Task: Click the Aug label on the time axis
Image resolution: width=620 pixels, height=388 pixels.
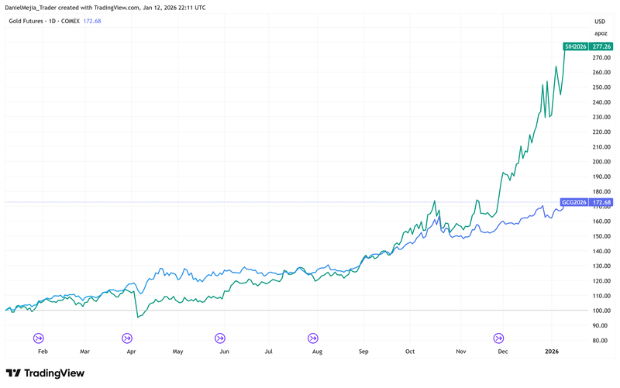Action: [316, 351]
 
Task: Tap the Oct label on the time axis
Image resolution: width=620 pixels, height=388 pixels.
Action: [410, 351]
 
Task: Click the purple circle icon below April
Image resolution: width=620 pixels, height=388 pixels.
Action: [127, 338]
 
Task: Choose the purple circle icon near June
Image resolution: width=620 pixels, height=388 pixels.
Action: [220, 338]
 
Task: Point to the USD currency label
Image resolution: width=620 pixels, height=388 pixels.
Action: [600, 21]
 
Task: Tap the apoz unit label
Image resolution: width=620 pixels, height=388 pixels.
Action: [601, 33]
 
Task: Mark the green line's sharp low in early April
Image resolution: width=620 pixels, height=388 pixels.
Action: [138, 317]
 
